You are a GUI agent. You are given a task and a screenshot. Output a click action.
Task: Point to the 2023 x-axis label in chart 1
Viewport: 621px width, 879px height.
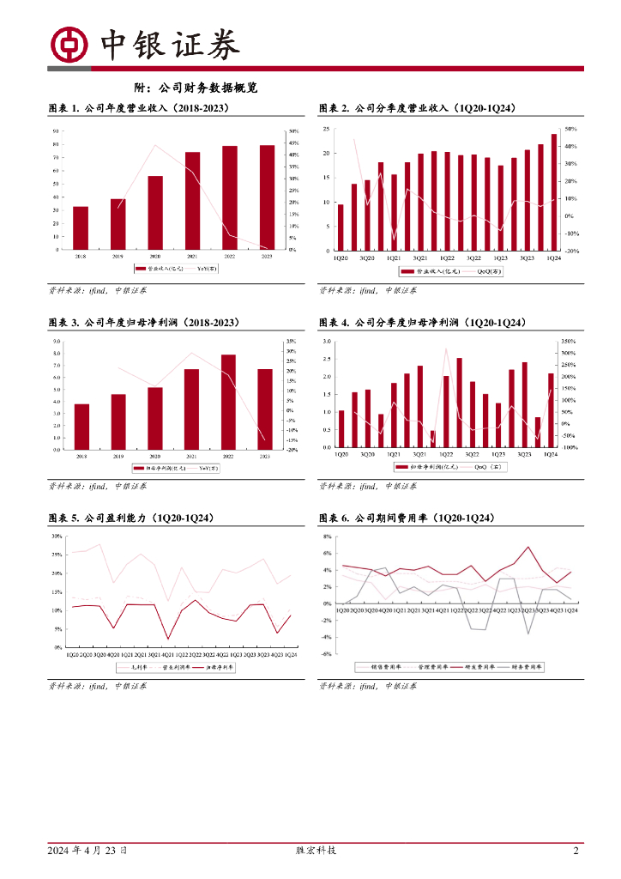coord(267,257)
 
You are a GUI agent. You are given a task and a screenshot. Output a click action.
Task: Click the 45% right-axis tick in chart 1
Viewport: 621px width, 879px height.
coord(293,142)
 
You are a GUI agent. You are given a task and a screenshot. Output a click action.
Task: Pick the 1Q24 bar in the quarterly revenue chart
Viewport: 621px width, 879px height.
coord(553,191)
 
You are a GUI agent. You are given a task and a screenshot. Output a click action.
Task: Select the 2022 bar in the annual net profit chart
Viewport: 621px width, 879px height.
coord(229,402)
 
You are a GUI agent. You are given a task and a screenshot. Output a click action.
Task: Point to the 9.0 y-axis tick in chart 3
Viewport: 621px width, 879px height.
coord(56,341)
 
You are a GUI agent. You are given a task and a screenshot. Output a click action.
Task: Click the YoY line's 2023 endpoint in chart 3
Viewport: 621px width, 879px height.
coord(264,439)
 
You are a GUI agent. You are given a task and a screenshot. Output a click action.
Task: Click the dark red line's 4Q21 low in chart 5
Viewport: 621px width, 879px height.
coord(168,639)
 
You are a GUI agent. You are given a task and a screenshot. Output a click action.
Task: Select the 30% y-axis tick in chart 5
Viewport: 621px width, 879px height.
coord(56,536)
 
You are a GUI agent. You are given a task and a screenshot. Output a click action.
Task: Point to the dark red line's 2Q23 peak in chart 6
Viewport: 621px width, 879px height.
coord(528,547)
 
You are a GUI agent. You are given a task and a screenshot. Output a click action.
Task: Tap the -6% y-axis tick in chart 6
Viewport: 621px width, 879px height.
coord(327,653)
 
